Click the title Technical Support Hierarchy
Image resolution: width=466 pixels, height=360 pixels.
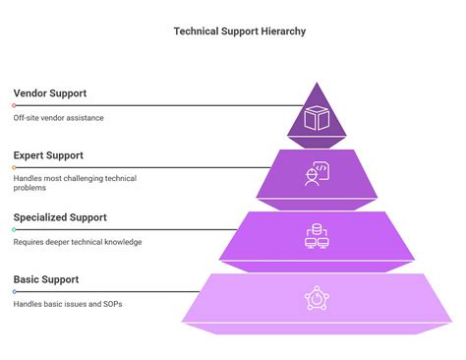tap(240, 31)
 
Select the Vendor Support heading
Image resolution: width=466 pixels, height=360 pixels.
tap(50, 93)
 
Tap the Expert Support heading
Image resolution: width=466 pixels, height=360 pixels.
tap(48, 155)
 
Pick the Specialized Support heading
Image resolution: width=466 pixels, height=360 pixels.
tap(60, 217)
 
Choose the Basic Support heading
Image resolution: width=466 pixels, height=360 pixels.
tap(46, 279)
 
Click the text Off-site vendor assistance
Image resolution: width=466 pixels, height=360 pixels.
tap(58, 118)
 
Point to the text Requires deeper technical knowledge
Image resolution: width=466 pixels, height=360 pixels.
tap(78, 242)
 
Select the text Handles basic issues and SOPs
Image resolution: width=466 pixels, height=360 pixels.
tap(69, 304)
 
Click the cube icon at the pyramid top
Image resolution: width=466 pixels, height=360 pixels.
tap(316, 119)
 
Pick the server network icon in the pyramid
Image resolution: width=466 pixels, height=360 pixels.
tap(316, 236)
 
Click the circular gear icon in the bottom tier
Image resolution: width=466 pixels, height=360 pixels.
tap(316, 297)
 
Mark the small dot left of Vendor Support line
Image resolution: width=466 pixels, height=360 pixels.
tap(14, 105)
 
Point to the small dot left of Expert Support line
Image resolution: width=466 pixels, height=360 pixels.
tap(14, 167)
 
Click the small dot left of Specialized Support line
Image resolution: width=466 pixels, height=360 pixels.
tap(14, 229)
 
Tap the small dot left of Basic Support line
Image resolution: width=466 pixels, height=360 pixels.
tap(14, 291)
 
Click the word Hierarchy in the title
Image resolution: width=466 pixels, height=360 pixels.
tap(283, 31)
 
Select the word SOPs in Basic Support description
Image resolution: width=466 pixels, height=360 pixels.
tap(112, 304)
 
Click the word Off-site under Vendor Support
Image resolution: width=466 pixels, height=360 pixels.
tap(27, 118)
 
